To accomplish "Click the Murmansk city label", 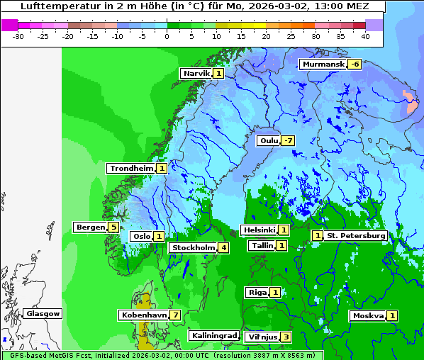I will pos(323,64).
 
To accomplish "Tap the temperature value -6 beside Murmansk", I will pos(354,64).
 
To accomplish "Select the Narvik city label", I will pos(196,73).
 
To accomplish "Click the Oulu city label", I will pos(269,140).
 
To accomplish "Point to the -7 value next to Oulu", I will pos(287,140).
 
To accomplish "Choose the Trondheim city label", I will pos(131,168).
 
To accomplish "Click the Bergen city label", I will pos(90,227).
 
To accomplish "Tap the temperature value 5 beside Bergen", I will pos(113,227).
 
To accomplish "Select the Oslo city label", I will pos(141,236).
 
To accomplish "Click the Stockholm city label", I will pos(192,247).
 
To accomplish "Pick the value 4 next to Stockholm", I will pos(223,247).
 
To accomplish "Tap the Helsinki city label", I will pos(258,230).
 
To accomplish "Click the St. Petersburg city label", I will pos(356,235).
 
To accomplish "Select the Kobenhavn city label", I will pos(143,315).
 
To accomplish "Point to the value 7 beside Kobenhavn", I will pos(174,315).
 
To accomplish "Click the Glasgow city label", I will pos(43,313).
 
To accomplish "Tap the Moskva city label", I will pos(368,315).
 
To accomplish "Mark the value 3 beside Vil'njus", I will pos(286,337).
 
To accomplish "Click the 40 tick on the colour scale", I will pos(365,35).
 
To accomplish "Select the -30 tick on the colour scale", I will pos(18,35).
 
